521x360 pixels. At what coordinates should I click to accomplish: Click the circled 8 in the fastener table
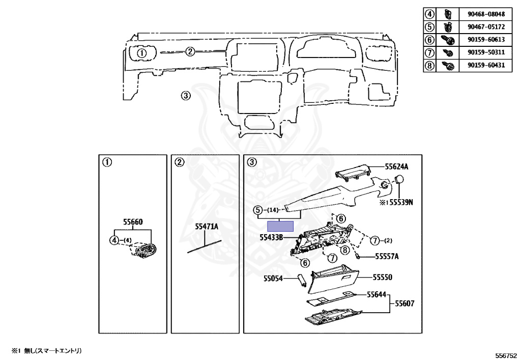click(429, 66)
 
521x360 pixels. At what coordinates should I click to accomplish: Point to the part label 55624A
click(396, 167)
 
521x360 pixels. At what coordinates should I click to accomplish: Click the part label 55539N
click(399, 202)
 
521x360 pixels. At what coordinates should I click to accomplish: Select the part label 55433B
click(271, 237)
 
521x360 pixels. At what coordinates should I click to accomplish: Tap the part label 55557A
click(387, 257)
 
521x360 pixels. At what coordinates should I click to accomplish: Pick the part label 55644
click(377, 294)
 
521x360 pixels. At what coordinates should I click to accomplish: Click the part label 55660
click(133, 222)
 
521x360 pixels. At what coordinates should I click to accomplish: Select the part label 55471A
click(207, 227)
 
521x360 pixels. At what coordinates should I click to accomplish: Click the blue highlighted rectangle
click(281, 226)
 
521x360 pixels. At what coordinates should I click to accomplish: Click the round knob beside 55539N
click(399, 180)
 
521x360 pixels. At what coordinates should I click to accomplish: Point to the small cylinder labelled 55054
click(301, 279)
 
